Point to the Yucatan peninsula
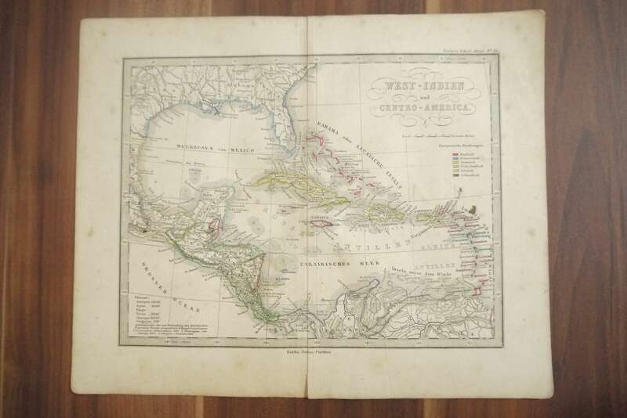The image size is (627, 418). point(209,204)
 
